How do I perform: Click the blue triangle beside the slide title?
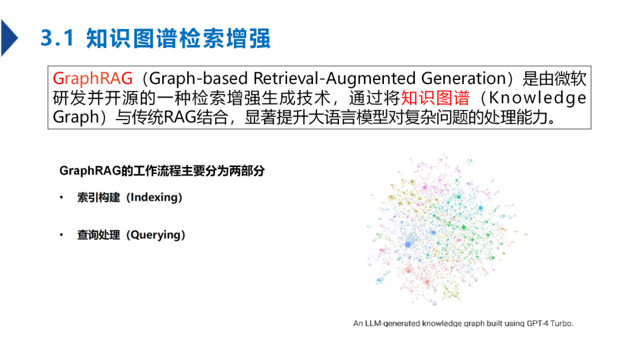click(x=8, y=38)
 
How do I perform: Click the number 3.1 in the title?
click(x=57, y=38)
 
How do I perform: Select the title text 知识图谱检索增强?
click(x=178, y=38)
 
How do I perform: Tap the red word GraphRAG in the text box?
click(x=93, y=78)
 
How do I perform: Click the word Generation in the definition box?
click(x=463, y=78)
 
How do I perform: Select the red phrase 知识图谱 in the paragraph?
click(x=435, y=98)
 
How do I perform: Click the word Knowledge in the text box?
click(x=537, y=98)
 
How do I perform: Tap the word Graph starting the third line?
click(x=76, y=117)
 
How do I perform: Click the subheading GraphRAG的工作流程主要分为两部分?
click(x=162, y=171)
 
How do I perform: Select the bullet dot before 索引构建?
click(x=62, y=198)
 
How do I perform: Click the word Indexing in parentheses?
click(x=154, y=197)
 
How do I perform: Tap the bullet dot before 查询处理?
click(x=62, y=235)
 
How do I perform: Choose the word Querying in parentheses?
click(x=156, y=235)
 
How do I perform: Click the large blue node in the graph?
click(x=408, y=244)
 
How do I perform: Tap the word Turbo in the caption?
click(x=562, y=323)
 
